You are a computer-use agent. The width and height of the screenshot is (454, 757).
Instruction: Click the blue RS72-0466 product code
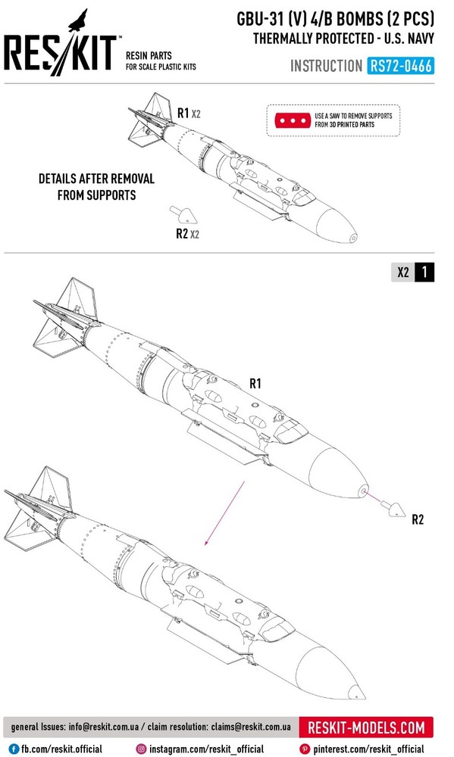coord(400,66)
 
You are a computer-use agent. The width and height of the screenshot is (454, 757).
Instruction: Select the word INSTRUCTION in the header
coord(326,66)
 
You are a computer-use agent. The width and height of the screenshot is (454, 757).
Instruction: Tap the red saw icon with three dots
coord(293,120)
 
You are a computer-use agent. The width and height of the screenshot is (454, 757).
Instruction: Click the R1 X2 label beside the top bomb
coord(189,114)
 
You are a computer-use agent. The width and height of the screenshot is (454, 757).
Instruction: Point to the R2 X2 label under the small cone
coord(188,234)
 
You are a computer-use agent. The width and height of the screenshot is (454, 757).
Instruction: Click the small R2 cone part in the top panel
coord(183,214)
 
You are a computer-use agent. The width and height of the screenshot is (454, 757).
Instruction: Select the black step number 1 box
coord(424,273)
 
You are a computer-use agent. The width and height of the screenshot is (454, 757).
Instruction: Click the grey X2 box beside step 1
coord(403,273)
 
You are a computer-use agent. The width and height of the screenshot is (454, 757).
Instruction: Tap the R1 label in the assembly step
coord(255,384)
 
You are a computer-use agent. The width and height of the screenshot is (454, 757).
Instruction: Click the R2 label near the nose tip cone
coord(418,519)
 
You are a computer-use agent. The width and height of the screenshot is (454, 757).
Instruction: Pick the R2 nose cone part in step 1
coord(393,509)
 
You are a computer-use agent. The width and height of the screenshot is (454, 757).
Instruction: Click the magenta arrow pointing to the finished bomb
coord(225,512)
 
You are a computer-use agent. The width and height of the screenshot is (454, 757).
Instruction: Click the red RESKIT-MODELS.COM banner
coord(366,727)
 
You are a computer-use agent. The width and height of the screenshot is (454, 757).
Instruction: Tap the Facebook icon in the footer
coord(14,749)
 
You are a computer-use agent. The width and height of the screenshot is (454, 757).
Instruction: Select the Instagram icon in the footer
coord(141,749)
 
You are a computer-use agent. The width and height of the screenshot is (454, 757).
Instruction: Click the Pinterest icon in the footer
coord(305,749)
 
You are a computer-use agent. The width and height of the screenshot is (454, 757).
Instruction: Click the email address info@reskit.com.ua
coord(104,727)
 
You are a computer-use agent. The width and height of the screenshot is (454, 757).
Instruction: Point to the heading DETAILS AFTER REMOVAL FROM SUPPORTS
coord(97,187)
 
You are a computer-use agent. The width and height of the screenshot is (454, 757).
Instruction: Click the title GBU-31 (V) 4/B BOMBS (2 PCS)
coord(335,19)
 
